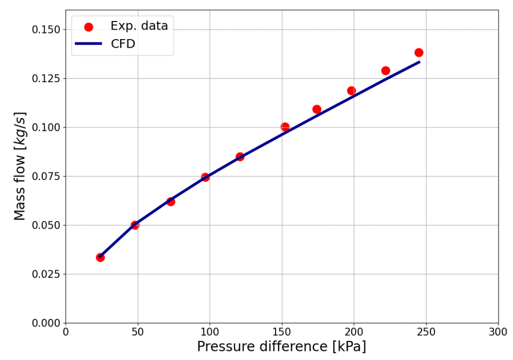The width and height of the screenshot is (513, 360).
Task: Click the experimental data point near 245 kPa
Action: coord(419,53)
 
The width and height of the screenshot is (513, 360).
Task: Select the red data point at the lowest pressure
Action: coord(100,257)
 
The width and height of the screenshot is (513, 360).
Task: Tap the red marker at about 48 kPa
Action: coord(135,225)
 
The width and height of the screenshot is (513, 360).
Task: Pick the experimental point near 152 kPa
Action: coord(285,127)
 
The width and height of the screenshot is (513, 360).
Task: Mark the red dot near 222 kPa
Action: coord(385,71)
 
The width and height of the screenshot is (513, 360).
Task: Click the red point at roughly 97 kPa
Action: coord(205,177)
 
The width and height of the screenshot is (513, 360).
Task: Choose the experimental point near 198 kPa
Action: coord(351,91)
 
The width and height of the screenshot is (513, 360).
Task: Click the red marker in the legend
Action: coord(89,27)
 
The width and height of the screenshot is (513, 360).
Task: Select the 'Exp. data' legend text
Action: coord(139,26)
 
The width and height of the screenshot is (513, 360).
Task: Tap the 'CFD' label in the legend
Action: coord(123,44)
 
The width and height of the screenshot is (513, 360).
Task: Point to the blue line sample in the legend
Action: coord(89,44)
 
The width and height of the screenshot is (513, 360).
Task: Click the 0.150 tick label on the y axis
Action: coord(46,30)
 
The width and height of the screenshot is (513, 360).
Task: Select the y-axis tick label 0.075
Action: coord(46,176)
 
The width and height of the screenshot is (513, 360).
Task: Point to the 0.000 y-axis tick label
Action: coord(46,323)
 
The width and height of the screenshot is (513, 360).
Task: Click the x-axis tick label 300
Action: coord(498,332)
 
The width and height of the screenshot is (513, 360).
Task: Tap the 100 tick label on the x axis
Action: coord(209,332)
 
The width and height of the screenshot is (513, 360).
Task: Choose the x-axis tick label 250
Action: coord(426,332)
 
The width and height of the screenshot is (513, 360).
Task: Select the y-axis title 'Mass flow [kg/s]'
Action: coord(20,166)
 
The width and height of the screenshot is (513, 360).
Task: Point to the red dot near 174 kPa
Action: coord(317,109)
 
